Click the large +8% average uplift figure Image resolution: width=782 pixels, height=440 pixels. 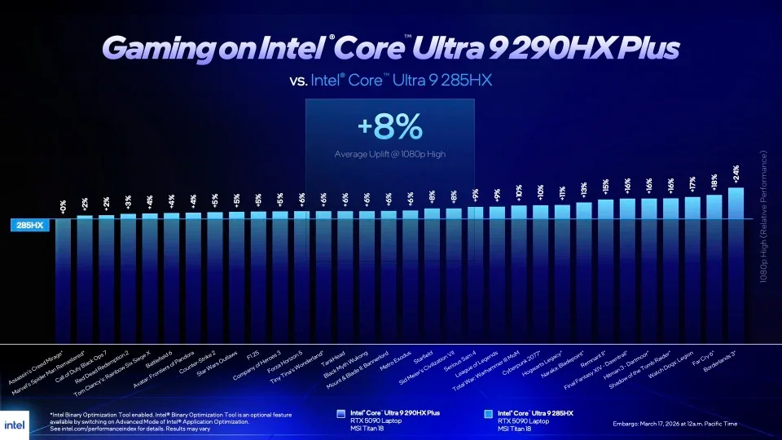pos(389,129)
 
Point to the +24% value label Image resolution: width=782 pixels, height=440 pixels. pos(736,173)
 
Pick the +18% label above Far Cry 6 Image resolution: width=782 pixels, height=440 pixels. pos(714,182)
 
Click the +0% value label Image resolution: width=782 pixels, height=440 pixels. pos(63,205)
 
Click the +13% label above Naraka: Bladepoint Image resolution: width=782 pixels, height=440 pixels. pos(584,190)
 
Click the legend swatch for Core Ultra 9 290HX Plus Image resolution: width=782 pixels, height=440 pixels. pos(341,414)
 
